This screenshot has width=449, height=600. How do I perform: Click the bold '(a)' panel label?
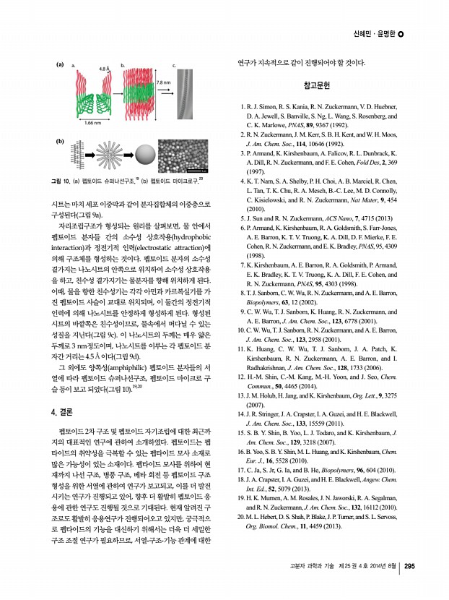point(61,66)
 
